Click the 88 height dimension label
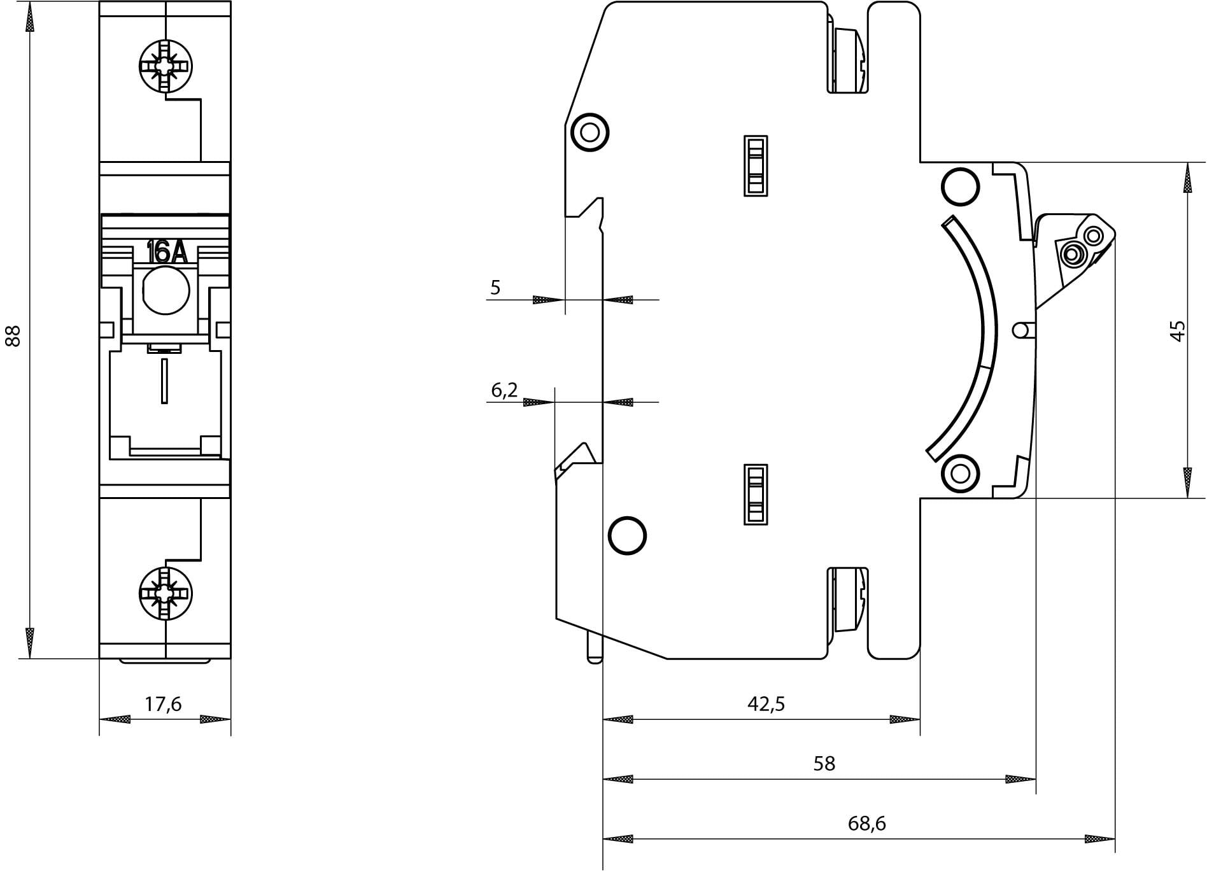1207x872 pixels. (13, 335)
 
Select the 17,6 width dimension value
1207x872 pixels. (164, 704)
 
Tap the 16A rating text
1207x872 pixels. (167, 252)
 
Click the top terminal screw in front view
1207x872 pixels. (166, 66)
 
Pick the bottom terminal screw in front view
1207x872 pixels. (166, 593)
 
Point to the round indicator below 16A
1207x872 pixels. (166, 290)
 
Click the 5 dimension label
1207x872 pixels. (495, 288)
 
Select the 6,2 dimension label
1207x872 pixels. (504, 390)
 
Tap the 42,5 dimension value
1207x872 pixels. (766, 703)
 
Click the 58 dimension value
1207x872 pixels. (824, 763)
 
